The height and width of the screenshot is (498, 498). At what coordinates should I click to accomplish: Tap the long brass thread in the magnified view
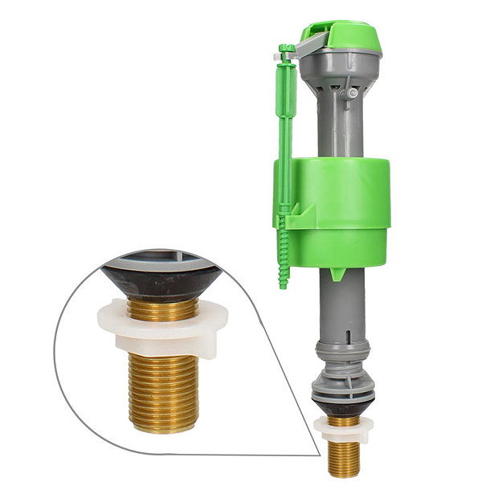coord(164,394)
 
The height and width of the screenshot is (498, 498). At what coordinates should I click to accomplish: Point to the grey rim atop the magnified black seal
coord(161,259)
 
